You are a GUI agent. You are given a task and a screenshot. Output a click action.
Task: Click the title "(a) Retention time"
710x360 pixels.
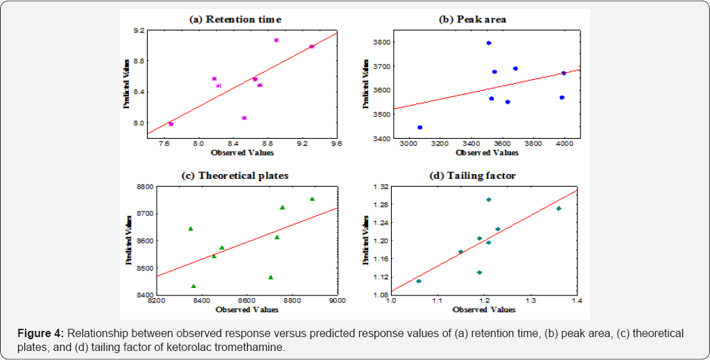(235, 19)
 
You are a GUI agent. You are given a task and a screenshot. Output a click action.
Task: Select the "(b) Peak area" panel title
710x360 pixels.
(472, 19)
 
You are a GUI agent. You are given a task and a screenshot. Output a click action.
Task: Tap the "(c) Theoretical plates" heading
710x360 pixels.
(234, 175)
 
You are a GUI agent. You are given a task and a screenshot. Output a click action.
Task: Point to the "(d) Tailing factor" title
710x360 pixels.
(473, 175)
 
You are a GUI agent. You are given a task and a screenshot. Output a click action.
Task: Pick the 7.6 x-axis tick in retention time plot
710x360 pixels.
(164, 144)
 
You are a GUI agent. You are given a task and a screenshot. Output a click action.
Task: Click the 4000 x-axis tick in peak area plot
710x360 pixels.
(564, 144)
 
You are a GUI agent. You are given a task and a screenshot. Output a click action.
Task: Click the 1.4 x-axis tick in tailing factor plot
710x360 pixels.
(576, 301)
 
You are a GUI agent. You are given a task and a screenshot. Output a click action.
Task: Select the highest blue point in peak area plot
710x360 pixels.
(489, 43)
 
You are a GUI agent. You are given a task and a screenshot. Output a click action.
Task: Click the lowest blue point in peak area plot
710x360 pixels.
(419, 128)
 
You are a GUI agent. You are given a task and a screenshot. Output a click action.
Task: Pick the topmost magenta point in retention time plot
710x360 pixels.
(276, 40)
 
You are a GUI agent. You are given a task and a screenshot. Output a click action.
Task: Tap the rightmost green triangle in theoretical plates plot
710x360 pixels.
(312, 199)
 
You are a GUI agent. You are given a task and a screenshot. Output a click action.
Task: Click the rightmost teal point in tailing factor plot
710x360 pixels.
(558, 208)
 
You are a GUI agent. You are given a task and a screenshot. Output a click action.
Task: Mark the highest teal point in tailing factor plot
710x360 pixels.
(488, 200)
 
